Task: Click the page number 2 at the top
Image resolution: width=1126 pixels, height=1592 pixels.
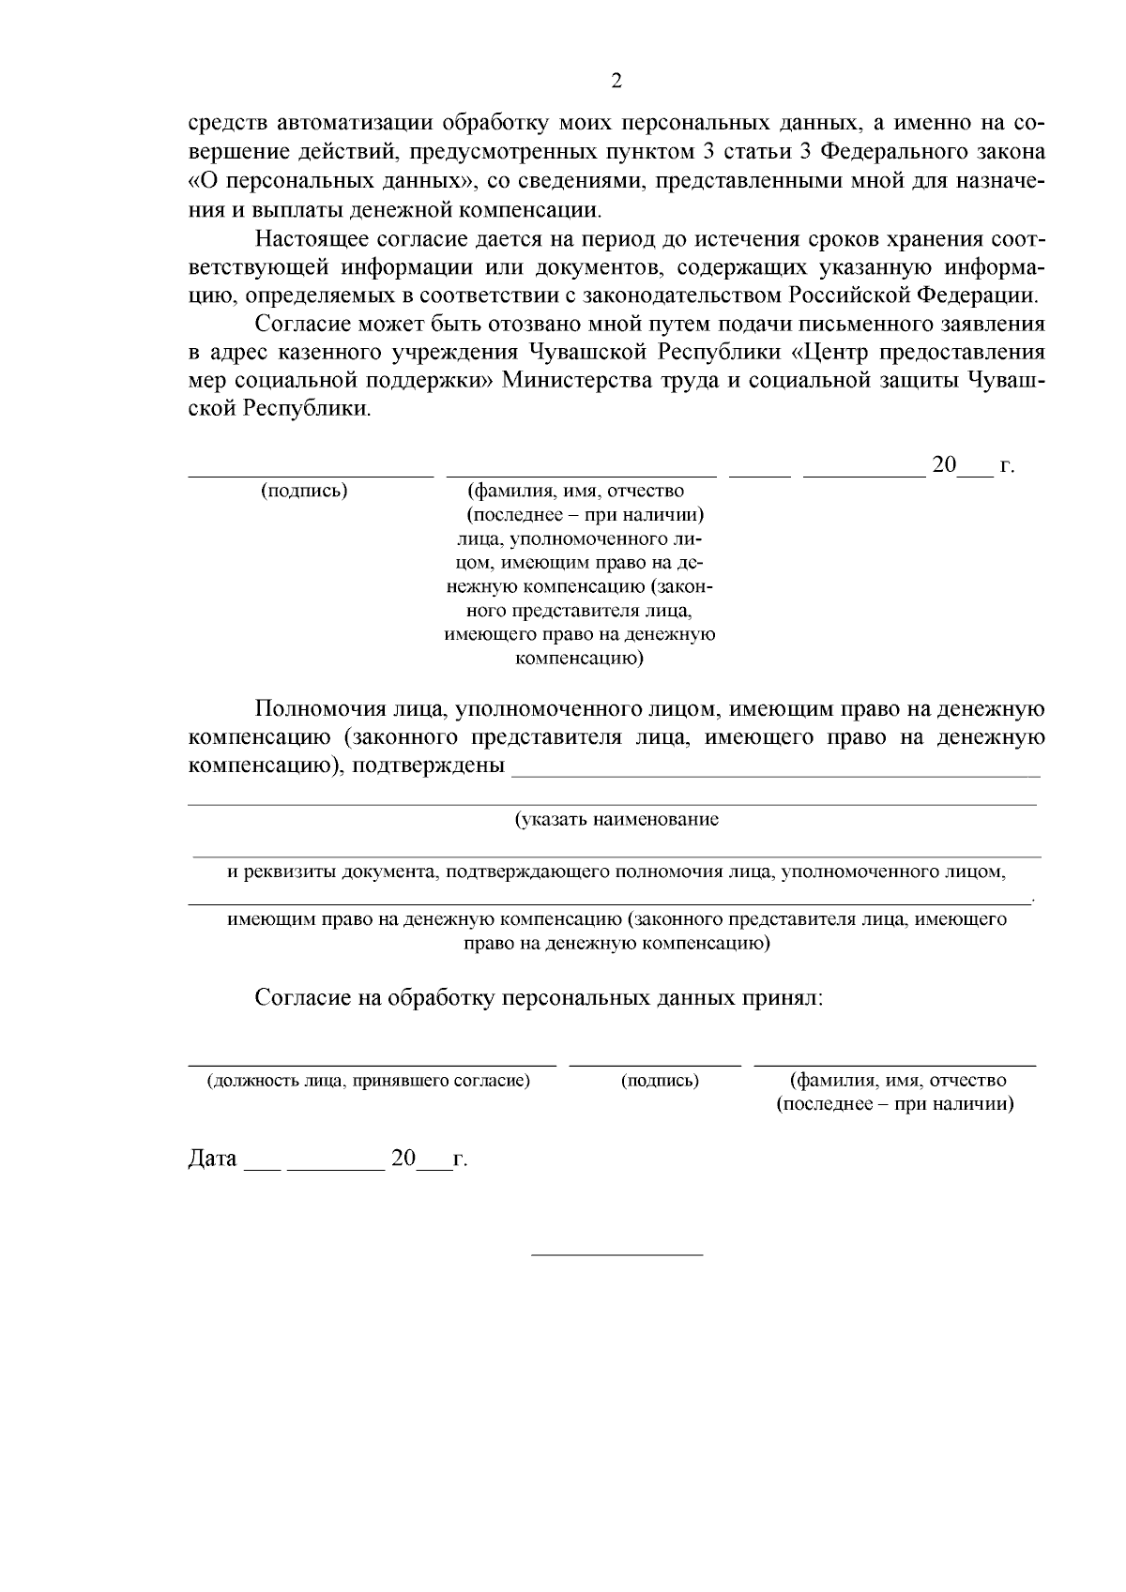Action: [x=616, y=81]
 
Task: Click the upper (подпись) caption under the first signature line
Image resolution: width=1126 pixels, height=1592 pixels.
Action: [x=304, y=492]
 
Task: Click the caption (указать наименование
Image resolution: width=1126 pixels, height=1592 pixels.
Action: [x=616, y=820]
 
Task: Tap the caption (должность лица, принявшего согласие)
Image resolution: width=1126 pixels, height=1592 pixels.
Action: [x=369, y=1081]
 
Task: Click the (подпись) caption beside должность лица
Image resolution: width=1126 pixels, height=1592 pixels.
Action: [x=660, y=1081]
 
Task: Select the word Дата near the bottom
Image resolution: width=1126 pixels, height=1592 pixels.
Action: [x=213, y=1159]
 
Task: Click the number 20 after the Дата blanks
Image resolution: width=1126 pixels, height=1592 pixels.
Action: [x=403, y=1158]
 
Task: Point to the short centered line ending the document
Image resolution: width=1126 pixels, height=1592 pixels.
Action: [x=616, y=1254]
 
